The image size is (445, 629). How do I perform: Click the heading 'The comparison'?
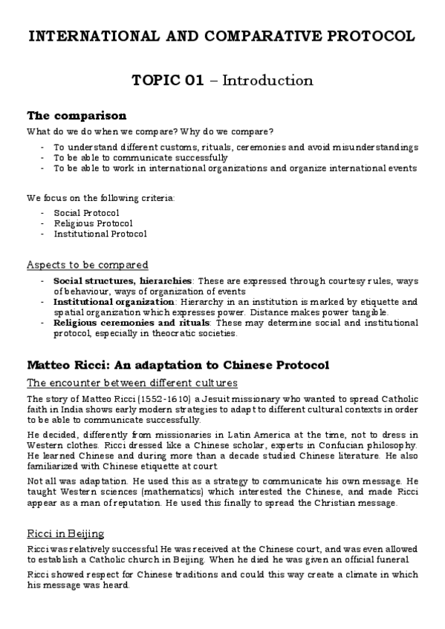coord(77,116)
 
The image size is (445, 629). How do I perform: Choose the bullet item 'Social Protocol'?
coord(86,213)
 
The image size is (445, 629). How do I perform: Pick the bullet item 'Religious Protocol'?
coord(93,223)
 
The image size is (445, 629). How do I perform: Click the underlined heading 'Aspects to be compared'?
coord(87,264)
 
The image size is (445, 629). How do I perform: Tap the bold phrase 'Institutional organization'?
coord(114,302)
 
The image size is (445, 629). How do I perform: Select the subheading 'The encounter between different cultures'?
coord(131,383)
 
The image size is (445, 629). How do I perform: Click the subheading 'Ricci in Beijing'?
coord(65,533)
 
